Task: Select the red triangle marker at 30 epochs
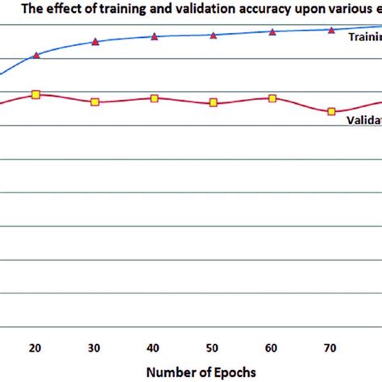click(x=95, y=41)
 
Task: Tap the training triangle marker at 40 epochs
click(x=154, y=36)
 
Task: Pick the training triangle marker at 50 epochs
click(x=213, y=35)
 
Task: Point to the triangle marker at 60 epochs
click(x=272, y=31)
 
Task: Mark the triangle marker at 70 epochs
click(x=331, y=30)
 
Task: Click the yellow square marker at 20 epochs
click(x=36, y=95)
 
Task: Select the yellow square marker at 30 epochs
click(x=95, y=102)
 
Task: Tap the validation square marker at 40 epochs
click(x=154, y=98)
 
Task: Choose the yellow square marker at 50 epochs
click(x=213, y=102)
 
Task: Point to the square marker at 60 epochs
click(x=272, y=98)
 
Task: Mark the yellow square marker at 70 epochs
click(x=331, y=111)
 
